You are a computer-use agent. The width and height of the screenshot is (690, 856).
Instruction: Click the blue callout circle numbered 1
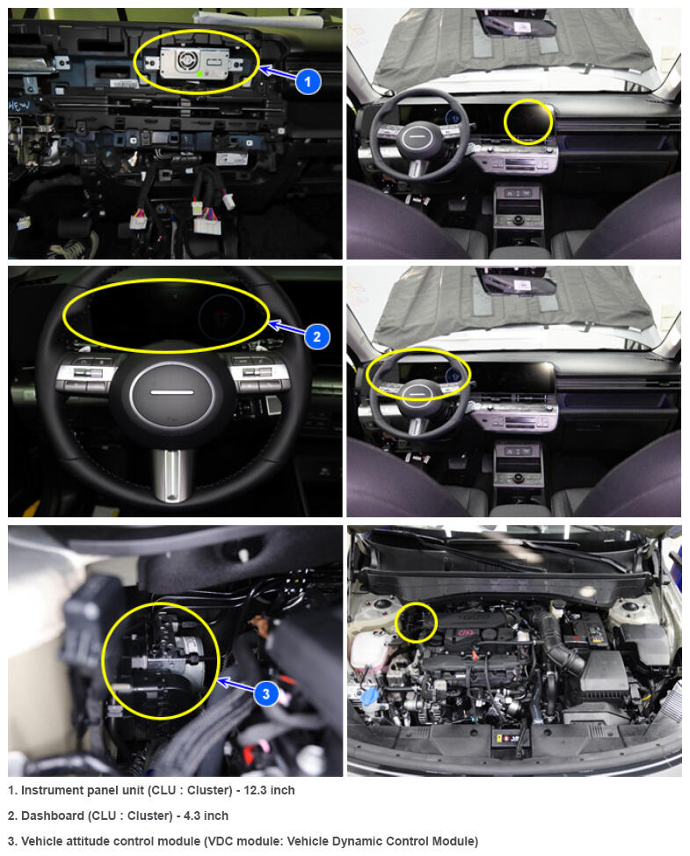[x=308, y=82]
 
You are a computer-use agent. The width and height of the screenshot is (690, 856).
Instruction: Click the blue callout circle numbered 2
[x=317, y=336]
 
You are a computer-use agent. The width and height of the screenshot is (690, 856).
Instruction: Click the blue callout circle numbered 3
[x=266, y=693]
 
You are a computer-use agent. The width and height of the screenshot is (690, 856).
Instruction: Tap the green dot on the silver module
[x=200, y=74]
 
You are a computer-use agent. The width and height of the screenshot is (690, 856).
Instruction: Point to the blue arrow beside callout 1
[x=277, y=74]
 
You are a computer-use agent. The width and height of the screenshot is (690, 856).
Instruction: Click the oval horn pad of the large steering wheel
[x=171, y=392]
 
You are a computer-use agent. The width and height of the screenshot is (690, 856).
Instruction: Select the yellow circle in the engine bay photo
[x=416, y=622]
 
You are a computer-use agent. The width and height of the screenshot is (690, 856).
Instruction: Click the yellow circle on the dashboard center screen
[x=528, y=122]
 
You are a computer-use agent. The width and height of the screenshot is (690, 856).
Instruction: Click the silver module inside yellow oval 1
[x=194, y=63]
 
